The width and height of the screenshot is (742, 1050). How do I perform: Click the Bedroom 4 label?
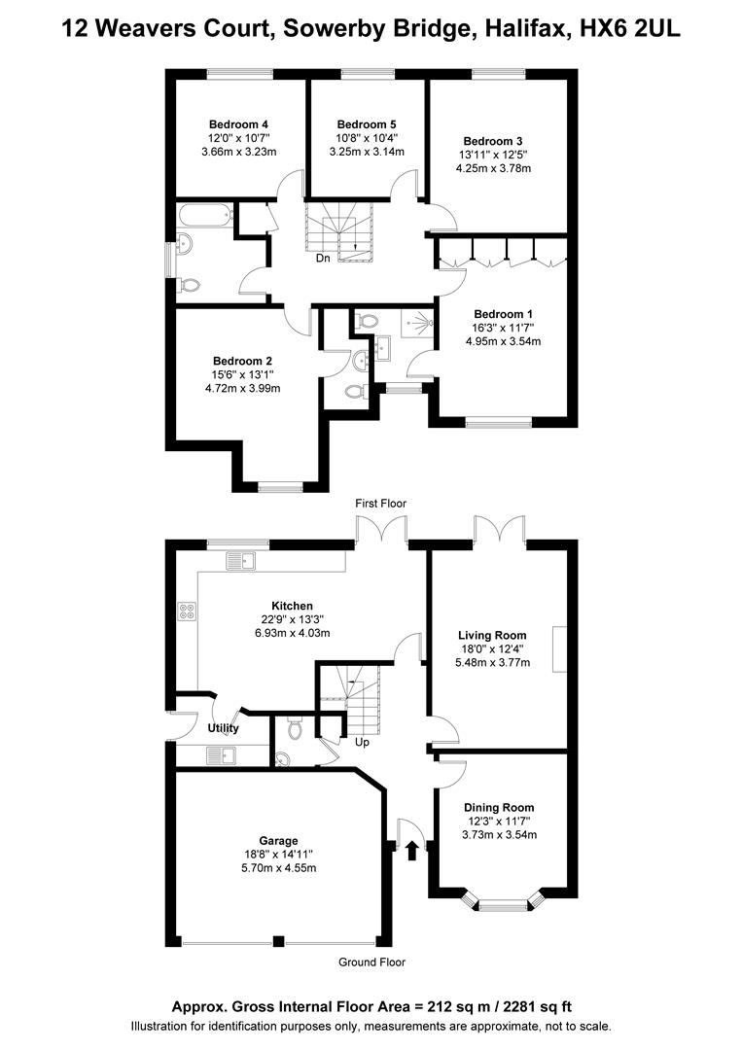(238, 124)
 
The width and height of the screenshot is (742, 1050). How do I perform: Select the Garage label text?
(278, 841)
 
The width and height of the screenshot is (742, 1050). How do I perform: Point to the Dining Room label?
(499, 808)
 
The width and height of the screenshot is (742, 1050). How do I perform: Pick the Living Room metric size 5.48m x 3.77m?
(495, 663)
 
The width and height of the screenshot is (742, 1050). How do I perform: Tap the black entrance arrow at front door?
(411, 851)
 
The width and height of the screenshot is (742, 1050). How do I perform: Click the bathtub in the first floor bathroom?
(203, 216)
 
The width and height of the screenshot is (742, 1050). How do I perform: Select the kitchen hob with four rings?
(187, 612)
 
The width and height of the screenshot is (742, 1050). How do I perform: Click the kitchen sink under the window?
(240, 560)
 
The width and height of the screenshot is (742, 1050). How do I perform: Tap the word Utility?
(223, 728)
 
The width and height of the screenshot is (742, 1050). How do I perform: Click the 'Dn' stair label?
(323, 259)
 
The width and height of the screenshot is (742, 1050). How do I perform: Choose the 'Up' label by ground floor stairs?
(361, 742)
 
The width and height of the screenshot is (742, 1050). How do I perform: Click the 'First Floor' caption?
(380, 503)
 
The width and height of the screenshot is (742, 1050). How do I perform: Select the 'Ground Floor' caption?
(371, 962)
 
